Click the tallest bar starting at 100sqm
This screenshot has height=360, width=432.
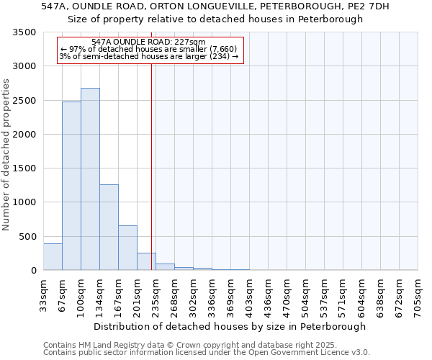[x=90, y=179]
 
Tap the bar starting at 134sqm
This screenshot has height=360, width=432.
[x=109, y=228]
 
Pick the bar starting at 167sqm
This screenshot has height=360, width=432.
[x=127, y=248]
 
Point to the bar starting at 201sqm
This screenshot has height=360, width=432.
[x=146, y=262]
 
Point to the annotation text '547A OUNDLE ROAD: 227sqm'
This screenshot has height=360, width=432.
[x=149, y=42]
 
